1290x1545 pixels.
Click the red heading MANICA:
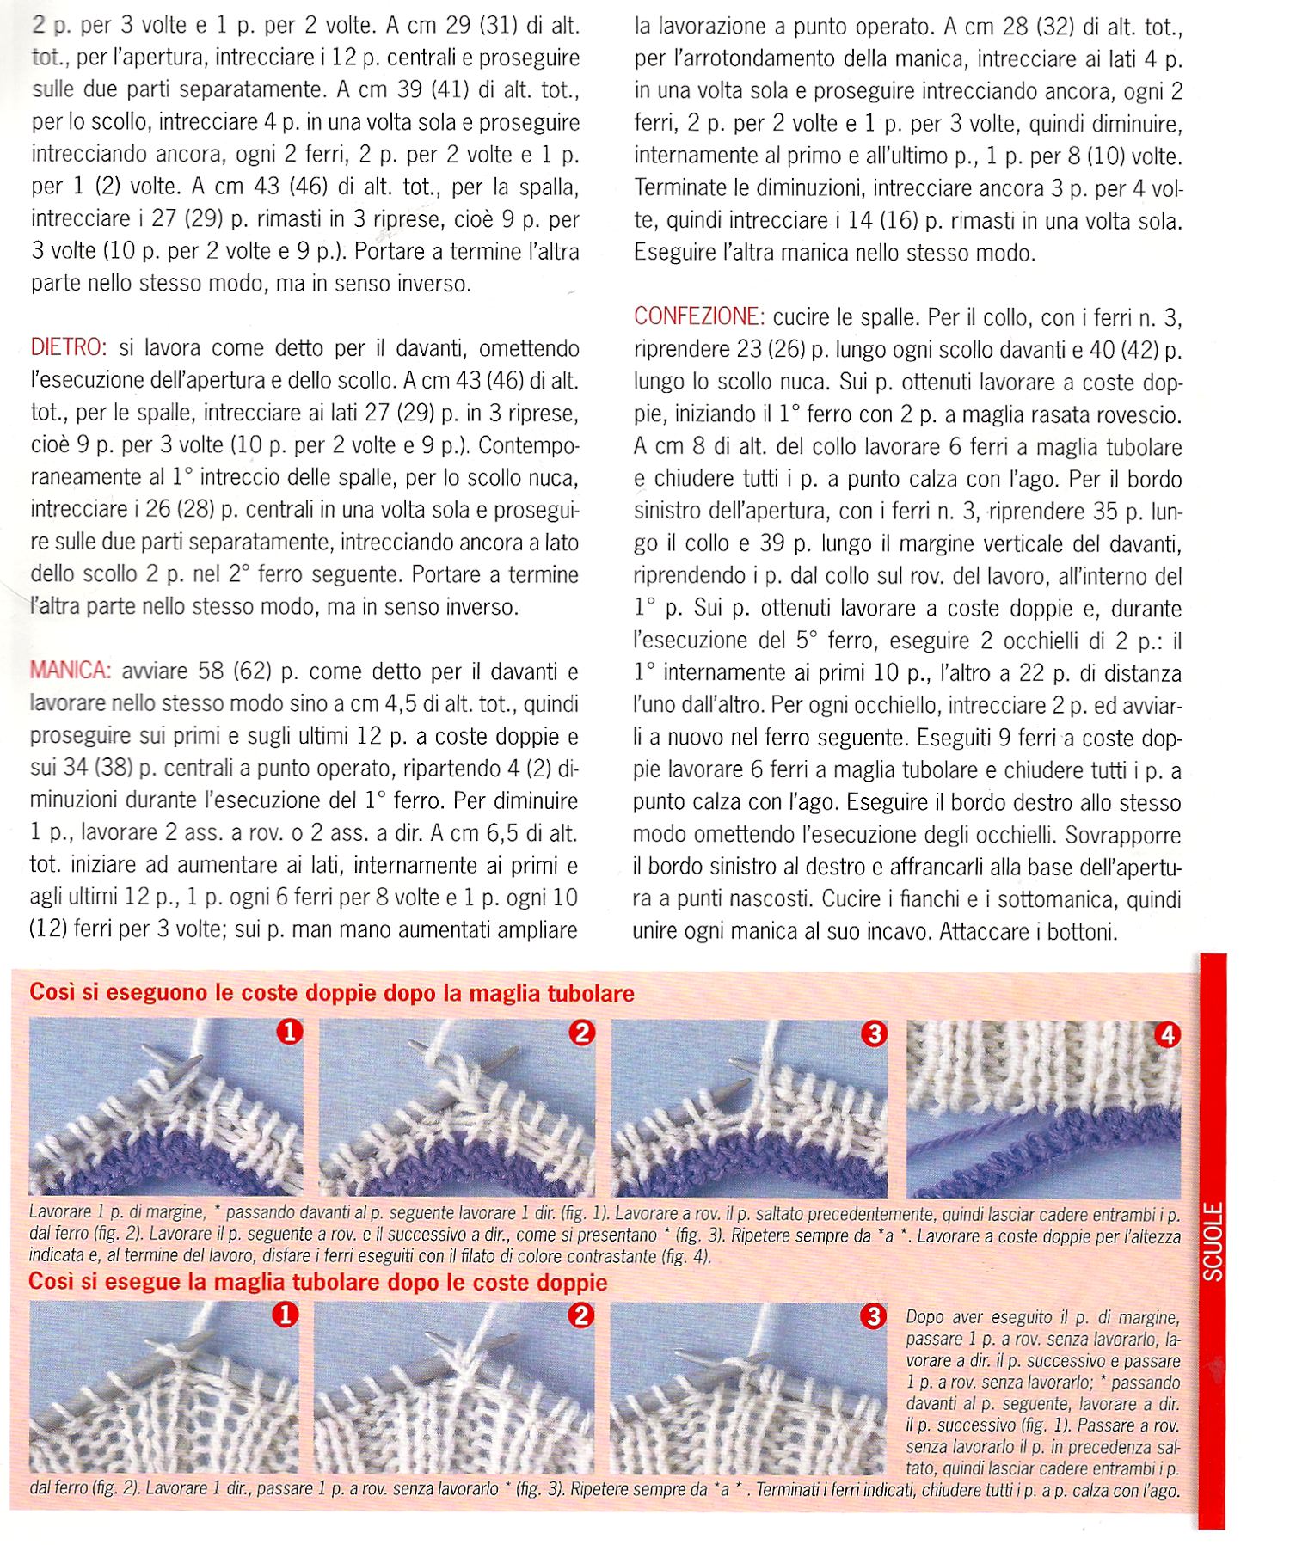pos(71,671)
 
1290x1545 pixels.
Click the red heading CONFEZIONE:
pos(698,316)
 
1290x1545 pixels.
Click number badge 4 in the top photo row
pos(1167,1035)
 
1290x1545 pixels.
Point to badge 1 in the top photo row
pos(290,1032)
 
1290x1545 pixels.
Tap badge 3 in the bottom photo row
pos(872,1316)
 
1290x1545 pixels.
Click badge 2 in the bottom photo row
pos(581,1315)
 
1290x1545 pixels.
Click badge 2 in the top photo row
pos(582,1033)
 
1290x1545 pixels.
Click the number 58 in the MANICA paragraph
pos(211,671)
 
